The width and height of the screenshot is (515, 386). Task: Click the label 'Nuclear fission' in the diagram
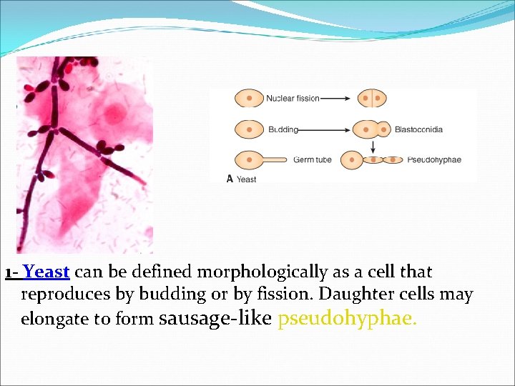[293, 98]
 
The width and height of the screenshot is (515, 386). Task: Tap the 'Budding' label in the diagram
[283, 129]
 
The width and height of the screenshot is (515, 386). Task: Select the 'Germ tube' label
[313, 159]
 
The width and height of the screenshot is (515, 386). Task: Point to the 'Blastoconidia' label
[418, 129]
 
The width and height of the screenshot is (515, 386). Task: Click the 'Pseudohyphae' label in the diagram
[434, 159]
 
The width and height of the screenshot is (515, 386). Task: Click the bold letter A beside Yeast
[230, 179]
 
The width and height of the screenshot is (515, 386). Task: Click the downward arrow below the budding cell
[373, 145]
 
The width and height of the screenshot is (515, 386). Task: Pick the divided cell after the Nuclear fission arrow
[372, 98]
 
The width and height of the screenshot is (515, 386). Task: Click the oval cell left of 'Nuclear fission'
[249, 98]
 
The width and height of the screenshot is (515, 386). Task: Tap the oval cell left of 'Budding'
[249, 129]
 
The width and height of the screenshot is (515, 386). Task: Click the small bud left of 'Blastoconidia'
[385, 129]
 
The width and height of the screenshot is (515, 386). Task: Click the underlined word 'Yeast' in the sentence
[46, 272]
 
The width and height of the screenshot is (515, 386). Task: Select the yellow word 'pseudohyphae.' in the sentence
[347, 318]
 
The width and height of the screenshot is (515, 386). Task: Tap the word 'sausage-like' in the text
[214, 318]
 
